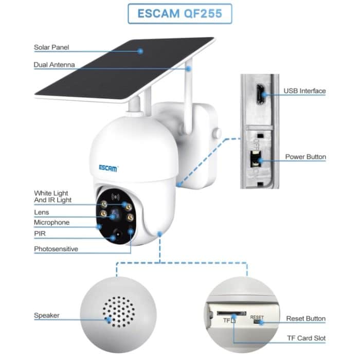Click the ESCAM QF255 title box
click(179, 14)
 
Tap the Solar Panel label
click(51, 47)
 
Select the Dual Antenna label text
click(54, 65)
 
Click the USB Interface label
click(304, 91)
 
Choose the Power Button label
click(305, 157)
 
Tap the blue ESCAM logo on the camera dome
click(109, 168)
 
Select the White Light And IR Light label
click(53, 196)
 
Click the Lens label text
click(41, 212)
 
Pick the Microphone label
click(51, 223)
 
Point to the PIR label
click(40, 233)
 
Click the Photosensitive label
click(56, 249)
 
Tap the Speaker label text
click(47, 315)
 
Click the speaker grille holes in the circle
click(119, 311)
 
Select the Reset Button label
click(305, 319)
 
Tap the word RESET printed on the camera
click(257, 317)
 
